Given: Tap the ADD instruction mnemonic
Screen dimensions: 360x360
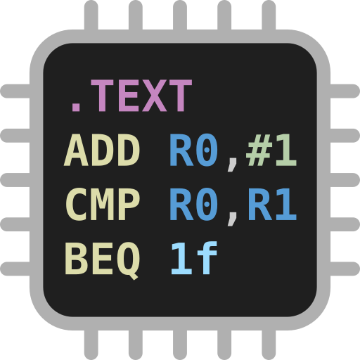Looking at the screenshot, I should click(x=102, y=151).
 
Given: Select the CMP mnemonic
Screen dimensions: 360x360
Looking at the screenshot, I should click(x=102, y=205).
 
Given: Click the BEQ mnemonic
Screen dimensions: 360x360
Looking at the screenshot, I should click(x=102, y=259).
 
